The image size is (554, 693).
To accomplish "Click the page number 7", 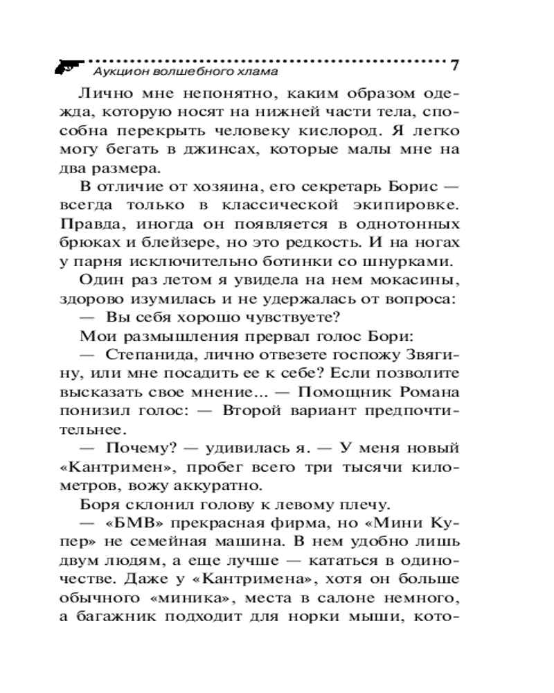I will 455,66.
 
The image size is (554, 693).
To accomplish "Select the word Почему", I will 136,449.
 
